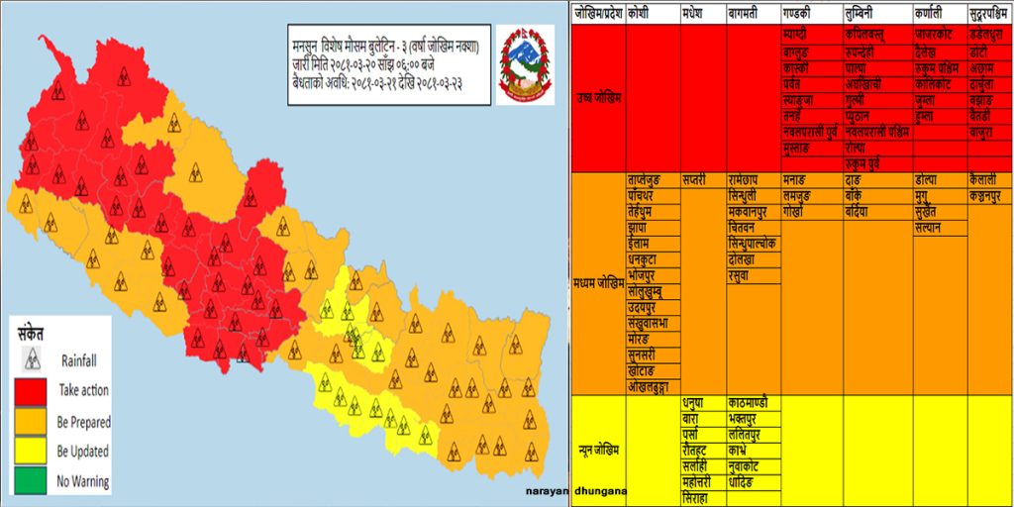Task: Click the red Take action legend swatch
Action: click(33, 391)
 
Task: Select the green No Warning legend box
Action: click(33, 482)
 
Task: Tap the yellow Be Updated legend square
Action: click(33, 452)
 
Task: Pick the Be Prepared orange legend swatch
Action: click(33, 422)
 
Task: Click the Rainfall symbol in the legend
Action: click(33, 357)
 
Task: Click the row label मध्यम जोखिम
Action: click(598, 281)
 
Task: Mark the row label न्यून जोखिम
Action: click(598, 451)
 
